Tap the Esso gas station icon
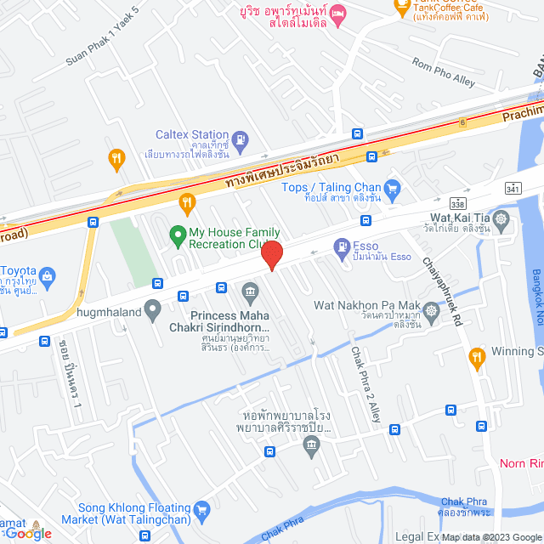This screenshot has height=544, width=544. (x=342, y=246)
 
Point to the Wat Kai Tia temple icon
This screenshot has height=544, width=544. (x=501, y=223)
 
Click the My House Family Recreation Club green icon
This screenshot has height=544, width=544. (x=178, y=233)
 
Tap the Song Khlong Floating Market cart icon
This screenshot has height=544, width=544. (x=201, y=510)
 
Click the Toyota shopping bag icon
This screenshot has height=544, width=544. (x=48, y=275)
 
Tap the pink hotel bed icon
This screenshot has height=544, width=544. (x=338, y=12)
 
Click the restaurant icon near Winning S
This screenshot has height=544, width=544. (x=476, y=358)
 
